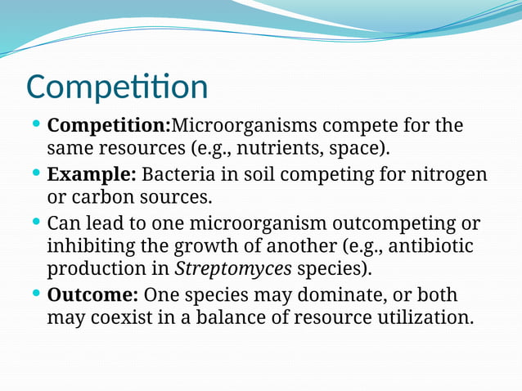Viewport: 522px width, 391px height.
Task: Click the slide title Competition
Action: pos(117,88)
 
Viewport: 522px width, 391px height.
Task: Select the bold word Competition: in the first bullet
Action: pos(108,127)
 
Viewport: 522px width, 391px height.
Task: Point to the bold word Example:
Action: pos(91,175)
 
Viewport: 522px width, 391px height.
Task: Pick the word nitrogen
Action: pos(448,175)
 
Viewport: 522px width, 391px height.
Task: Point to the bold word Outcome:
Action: pos(92,294)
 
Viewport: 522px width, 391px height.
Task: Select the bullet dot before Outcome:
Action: pos(35,292)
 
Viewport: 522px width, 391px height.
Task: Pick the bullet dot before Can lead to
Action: pos(35,221)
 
